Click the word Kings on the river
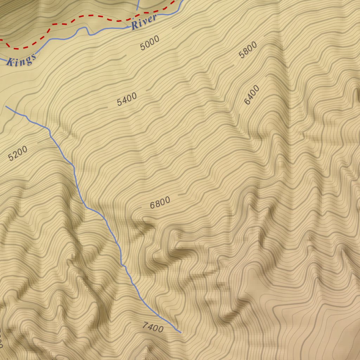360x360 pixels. [21, 60]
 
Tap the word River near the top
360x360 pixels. [144, 22]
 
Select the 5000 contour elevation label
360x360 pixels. [150, 43]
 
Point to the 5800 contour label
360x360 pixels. [248, 50]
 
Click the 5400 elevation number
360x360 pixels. [127, 99]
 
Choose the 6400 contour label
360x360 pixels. [252, 95]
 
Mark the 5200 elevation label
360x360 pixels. [18, 153]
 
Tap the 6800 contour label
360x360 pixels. [160, 202]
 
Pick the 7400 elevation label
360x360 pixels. [153, 327]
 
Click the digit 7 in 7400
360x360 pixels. [145, 325]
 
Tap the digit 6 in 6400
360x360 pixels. [247, 102]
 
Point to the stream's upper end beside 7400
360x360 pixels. [181, 332]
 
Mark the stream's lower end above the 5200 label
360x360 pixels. [6, 106]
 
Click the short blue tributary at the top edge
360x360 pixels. [138, 5]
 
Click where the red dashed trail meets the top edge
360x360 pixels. [174, 1]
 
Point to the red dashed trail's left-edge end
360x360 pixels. [1, 40]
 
